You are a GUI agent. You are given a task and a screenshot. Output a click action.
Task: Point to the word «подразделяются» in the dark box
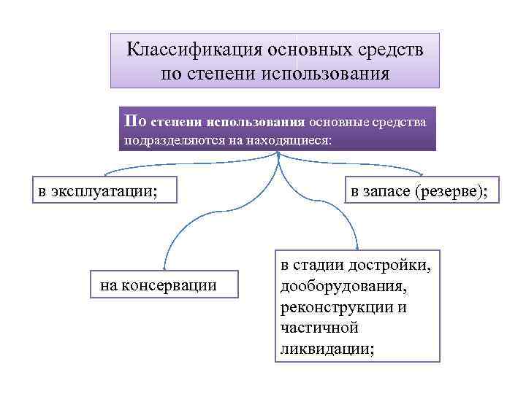click(x=164, y=140)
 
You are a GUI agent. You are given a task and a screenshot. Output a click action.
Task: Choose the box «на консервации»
click(x=159, y=285)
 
